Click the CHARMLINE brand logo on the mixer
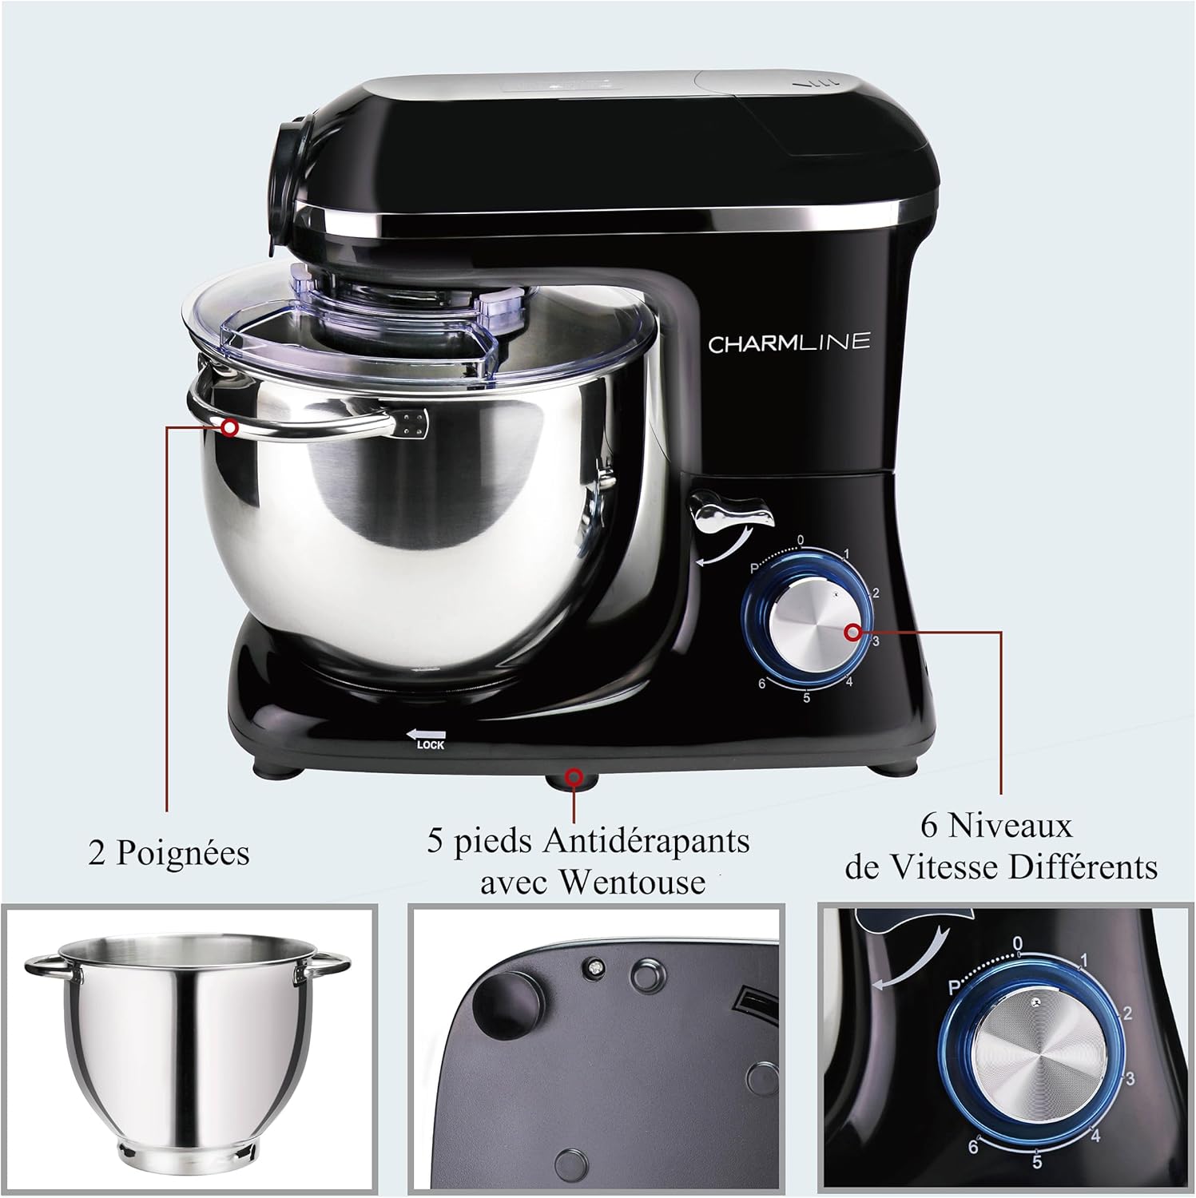tap(789, 343)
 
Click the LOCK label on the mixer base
tap(431, 745)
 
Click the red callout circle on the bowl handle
tap(230, 427)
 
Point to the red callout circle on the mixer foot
tap(573, 776)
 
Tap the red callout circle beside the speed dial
tap(853, 633)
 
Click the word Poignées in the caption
tap(183, 853)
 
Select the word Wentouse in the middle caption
tap(632, 882)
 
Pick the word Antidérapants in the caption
tap(646, 842)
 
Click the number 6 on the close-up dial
tap(973, 1147)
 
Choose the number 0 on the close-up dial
tap(1017, 945)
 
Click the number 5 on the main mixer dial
tap(807, 697)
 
